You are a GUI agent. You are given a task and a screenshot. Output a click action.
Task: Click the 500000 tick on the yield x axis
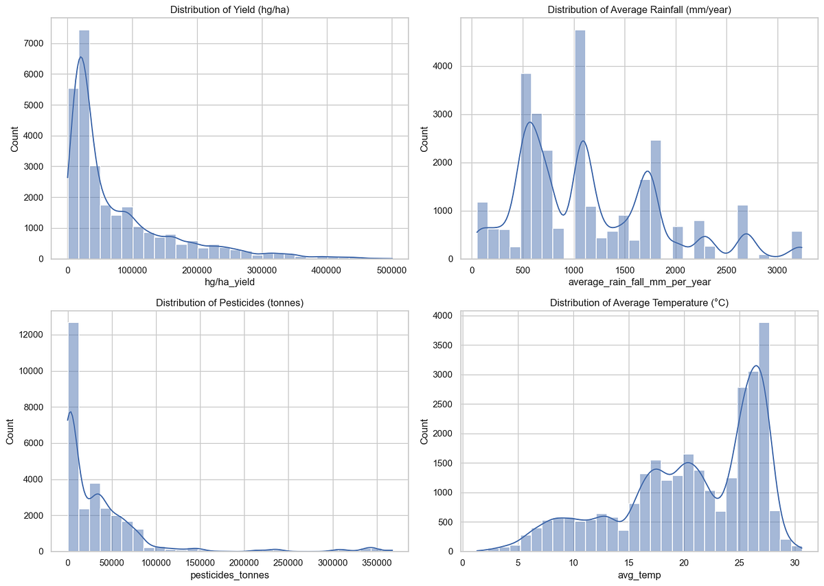pyautogui.click(x=391, y=271)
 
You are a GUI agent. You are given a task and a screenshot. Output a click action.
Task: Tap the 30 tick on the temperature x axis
pyautogui.click(x=794, y=563)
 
